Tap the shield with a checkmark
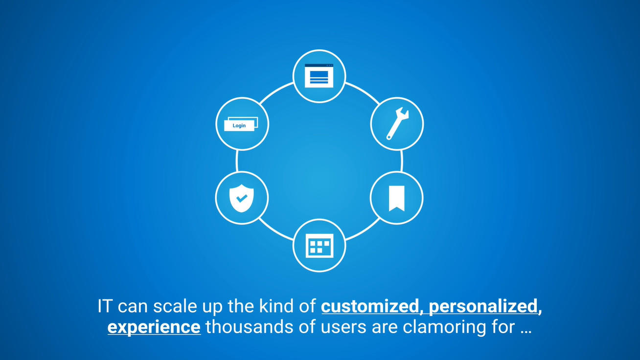point(241,198)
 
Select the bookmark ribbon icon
point(396,198)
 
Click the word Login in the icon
point(239,125)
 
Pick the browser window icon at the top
point(319,75)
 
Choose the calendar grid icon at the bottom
point(320,246)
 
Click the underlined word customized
point(370,306)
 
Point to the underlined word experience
point(154,327)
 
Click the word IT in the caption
point(104,306)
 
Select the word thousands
point(249,327)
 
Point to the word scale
point(175,306)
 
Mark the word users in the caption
point(343,328)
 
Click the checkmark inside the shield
point(242,198)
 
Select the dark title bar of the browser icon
point(319,66)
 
